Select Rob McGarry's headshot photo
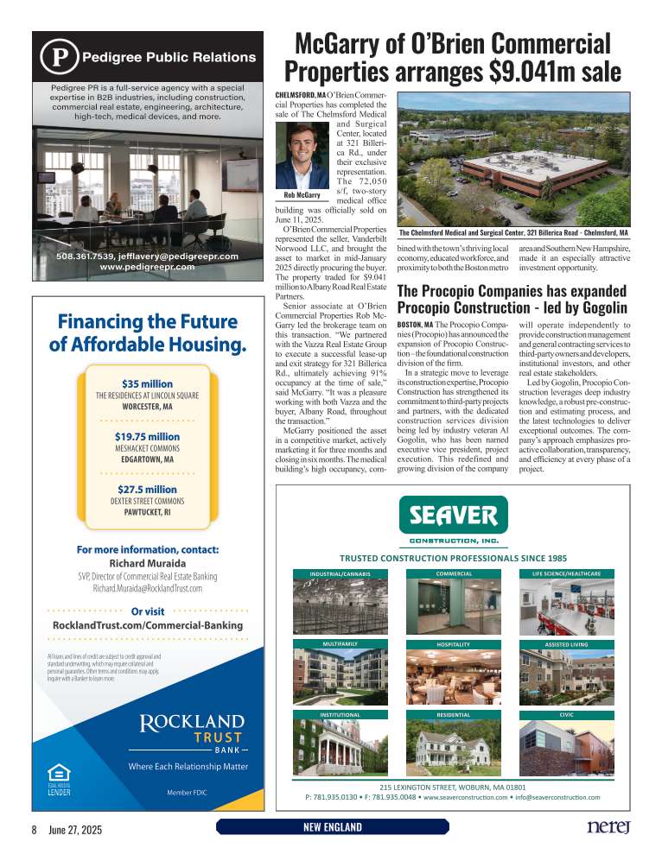click(302, 155)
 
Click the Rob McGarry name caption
click(302, 195)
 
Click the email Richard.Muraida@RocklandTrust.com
click(147, 588)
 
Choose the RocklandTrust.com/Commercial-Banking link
click(147, 625)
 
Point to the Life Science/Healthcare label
click(566, 573)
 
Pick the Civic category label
click(566, 715)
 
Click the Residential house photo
click(453, 747)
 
